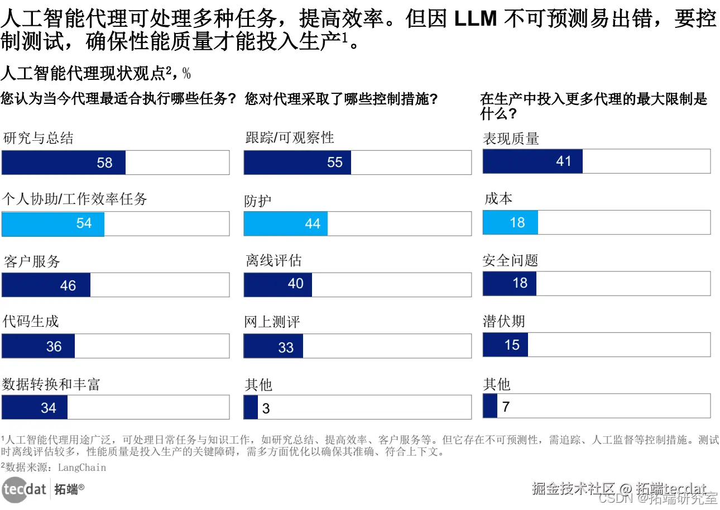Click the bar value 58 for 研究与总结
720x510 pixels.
pos(104,163)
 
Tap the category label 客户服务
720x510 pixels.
pos(32,261)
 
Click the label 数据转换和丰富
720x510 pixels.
pos(51,384)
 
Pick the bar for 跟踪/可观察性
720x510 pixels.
pos(297,163)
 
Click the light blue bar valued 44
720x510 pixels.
pos(286,223)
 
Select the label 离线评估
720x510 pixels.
pos(273,261)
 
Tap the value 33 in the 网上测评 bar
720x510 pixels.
pos(286,347)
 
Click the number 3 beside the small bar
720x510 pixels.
pos(266,408)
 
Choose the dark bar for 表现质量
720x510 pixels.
pos(532,161)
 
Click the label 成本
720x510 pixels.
pos(498,199)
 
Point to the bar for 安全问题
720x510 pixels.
pos(509,283)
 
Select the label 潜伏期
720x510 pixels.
pos(504,322)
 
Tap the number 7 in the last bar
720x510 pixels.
pos(506,407)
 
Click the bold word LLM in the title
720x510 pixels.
pos(476,20)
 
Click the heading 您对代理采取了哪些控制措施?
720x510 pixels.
pos(341,99)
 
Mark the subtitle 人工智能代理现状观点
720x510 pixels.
pos(83,73)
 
